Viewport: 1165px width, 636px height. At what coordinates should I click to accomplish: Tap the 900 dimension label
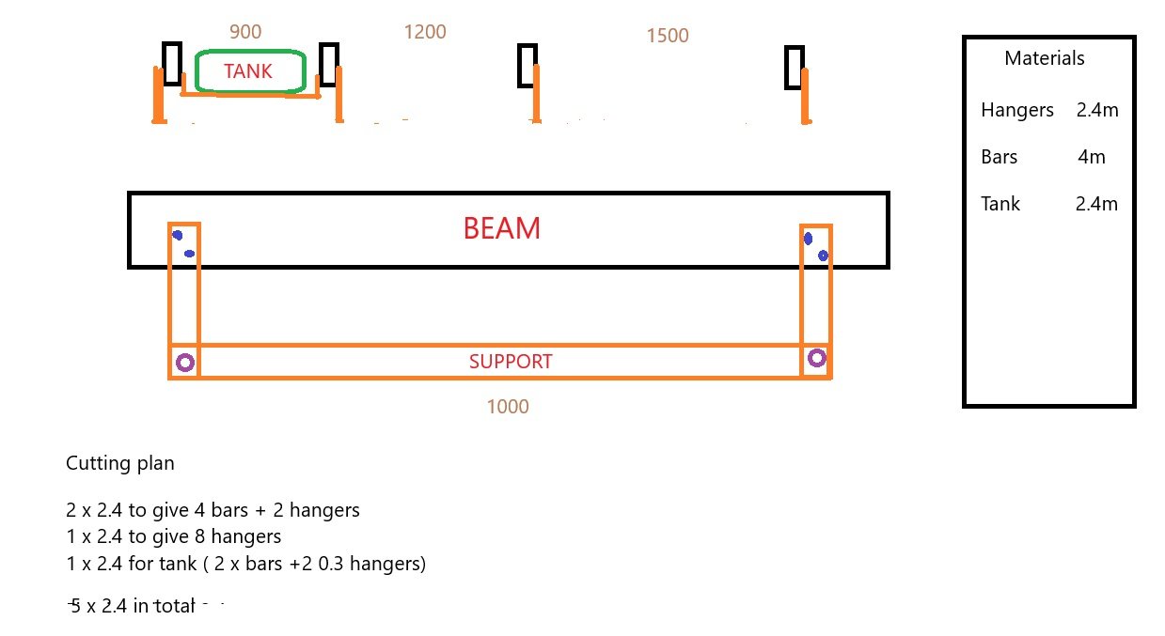[x=245, y=32]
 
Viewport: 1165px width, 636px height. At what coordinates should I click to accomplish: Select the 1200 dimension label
[x=425, y=32]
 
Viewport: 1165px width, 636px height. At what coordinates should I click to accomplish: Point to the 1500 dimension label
[x=668, y=36]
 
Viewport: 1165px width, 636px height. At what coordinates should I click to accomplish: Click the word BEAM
[x=502, y=228]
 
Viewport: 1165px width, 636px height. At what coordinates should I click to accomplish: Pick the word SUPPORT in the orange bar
[x=511, y=362]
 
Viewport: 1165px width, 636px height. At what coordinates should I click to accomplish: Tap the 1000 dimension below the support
[x=508, y=407]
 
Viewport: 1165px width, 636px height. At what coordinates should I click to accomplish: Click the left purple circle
[x=185, y=355]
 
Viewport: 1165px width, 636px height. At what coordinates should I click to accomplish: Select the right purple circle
[x=816, y=350]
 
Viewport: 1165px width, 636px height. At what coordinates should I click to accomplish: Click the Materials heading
[x=1045, y=58]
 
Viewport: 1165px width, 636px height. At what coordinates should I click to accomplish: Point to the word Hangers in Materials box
[x=1017, y=111]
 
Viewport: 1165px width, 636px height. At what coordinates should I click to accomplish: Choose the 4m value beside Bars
[x=1092, y=157]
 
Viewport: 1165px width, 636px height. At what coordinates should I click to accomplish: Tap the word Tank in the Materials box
[x=1000, y=204]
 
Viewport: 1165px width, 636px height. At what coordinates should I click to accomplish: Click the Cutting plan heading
[x=120, y=463]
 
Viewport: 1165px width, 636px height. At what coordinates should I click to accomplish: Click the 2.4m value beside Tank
[x=1096, y=204]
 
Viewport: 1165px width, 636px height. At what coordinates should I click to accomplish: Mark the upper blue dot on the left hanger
[x=178, y=236]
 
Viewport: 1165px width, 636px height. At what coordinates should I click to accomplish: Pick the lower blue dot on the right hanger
[x=823, y=256]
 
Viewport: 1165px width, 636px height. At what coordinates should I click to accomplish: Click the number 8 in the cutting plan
[x=199, y=536]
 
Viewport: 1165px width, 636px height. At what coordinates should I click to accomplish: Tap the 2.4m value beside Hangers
[x=1097, y=110]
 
